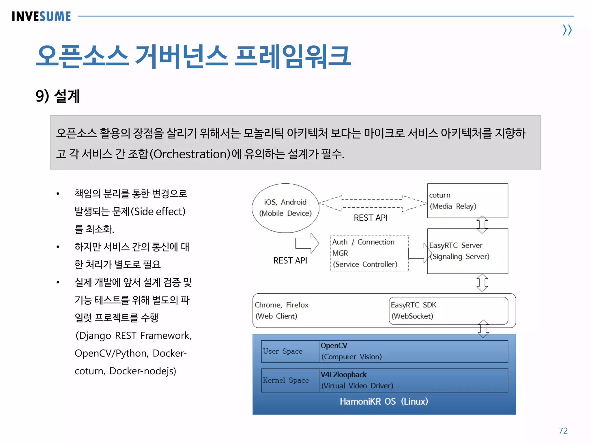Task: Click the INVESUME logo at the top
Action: pos(41,16)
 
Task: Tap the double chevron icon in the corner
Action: pos(567,30)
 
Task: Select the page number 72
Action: pos(563,431)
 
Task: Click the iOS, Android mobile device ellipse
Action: pos(285,208)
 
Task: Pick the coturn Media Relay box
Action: pos(467,201)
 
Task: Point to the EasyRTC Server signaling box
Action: pos(467,251)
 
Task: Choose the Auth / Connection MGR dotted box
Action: pos(369,253)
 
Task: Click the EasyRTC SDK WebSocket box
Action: pos(448,311)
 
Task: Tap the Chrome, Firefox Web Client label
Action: pos(282,310)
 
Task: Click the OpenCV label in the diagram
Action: pos(334,346)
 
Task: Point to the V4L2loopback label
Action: pos(343,375)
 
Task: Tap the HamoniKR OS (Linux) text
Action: pos(384,401)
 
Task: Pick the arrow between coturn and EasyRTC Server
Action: pos(482,224)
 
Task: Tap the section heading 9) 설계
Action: pos(58,96)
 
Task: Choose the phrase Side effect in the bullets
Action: pos(158,211)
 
